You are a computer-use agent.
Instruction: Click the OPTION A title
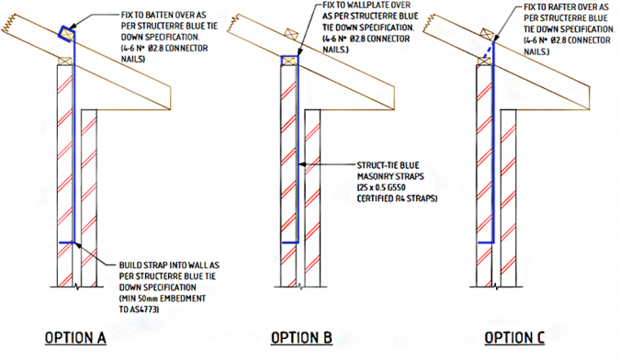(x=75, y=337)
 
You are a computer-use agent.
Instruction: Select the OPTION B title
(x=297, y=337)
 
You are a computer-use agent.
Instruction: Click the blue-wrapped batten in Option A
(x=65, y=34)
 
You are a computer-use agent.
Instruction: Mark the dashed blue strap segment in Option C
(x=490, y=51)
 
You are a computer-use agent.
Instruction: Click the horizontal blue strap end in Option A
(x=68, y=242)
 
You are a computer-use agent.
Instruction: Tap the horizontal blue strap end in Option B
(x=292, y=242)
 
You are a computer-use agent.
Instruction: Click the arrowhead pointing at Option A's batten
(x=74, y=28)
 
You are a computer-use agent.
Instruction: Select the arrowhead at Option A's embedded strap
(x=80, y=244)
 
